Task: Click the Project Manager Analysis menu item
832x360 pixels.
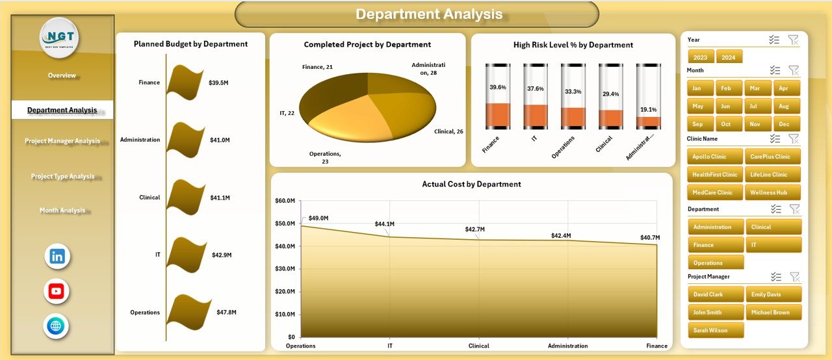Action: point(62,141)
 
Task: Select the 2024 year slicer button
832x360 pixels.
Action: point(729,57)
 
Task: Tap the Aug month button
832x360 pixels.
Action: point(784,106)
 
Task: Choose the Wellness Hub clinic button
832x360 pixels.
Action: point(772,192)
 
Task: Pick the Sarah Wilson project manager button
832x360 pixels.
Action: point(715,330)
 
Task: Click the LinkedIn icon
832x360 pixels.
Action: point(57,256)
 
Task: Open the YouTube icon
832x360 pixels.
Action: point(57,291)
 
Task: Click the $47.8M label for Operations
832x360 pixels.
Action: point(226,313)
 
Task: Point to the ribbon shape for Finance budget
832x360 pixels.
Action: point(188,81)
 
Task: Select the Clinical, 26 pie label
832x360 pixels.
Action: point(448,131)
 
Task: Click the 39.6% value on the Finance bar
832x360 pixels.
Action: point(498,87)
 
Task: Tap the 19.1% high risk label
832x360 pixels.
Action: point(649,110)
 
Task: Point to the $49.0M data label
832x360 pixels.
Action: point(318,218)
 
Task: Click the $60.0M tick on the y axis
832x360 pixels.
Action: point(287,201)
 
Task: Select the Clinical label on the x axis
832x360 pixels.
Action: point(479,346)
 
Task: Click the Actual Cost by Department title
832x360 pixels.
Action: point(471,184)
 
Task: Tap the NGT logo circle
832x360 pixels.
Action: point(60,38)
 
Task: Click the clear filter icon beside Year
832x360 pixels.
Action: point(793,40)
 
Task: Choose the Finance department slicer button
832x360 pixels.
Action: point(715,245)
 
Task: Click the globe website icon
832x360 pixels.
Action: point(57,326)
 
